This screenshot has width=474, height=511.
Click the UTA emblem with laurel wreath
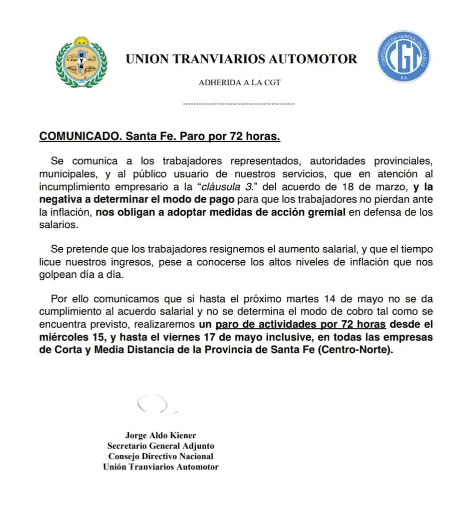81,62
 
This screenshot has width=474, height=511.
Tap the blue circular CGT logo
403,57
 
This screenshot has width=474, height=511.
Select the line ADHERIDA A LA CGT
239,83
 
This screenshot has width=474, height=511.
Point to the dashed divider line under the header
239,104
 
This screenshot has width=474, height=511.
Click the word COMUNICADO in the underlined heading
80,136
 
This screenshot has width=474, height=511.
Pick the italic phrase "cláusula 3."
225,187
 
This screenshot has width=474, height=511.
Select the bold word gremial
324,212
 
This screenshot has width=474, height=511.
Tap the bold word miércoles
64,337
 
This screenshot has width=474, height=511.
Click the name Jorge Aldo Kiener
160,435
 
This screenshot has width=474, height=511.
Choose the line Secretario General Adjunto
160,446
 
